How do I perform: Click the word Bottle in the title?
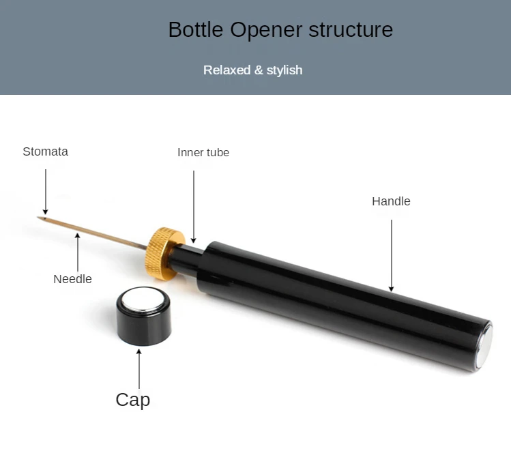tap(196, 30)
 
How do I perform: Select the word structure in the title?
tap(351, 30)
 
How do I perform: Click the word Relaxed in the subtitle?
tap(227, 70)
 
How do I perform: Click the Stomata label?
tap(45, 151)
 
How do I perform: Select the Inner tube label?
tap(203, 152)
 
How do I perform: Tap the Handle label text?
tap(391, 201)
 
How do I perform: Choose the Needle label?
tap(72, 278)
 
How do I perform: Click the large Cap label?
tap(132, 399)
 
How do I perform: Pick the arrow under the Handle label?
tap(392, 255)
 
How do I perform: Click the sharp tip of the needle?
tap(40, 218)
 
